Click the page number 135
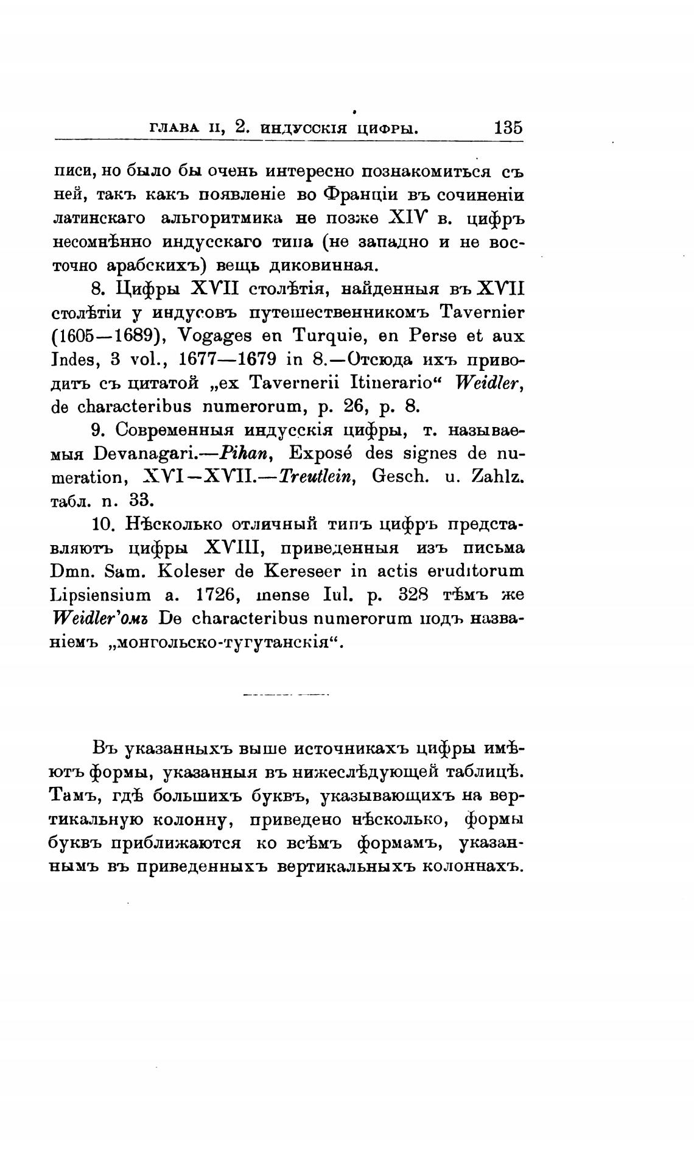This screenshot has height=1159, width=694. point(508,129)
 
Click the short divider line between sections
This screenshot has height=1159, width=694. point(286,694)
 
